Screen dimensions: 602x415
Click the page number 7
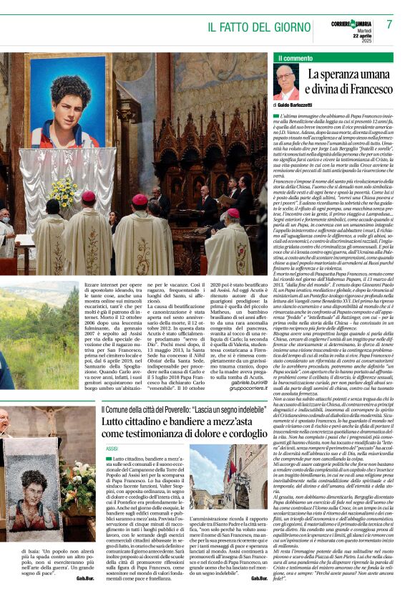point(389,24)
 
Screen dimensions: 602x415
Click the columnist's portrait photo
point(286,82)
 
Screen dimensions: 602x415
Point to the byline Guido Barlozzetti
point(301,105)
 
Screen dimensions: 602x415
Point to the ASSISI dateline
point(112,448)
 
